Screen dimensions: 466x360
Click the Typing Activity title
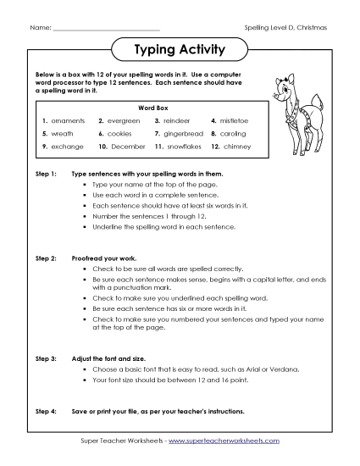point(179,51)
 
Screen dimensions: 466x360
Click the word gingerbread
point(184,134)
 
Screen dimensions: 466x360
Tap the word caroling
point(235,134)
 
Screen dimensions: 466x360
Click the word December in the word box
point(128,147)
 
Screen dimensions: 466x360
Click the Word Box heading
point(149,108)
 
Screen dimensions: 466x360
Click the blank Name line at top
point(106,29)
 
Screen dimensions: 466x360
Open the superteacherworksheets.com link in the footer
point(229,441)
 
